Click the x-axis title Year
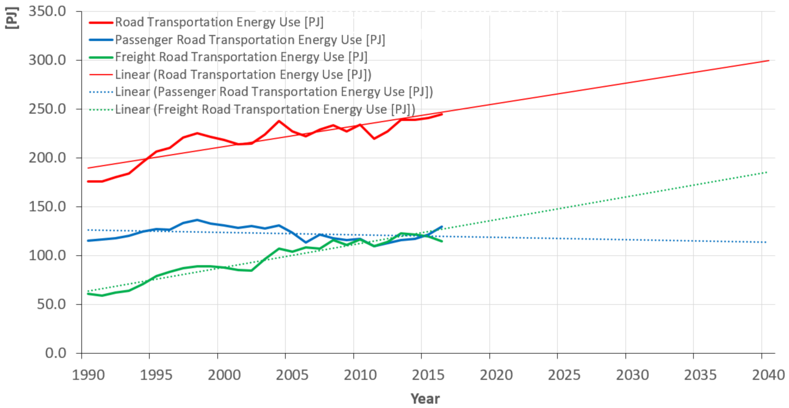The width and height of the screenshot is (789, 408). click(425, 399)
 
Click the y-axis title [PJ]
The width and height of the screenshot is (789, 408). click(12, 18)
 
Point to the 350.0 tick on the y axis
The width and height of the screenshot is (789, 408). click(47, 12)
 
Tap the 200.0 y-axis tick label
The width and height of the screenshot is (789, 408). click(47, 158)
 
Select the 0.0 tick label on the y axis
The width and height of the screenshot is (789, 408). click(55, 353)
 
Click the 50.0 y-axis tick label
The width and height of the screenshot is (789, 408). click(51, 304)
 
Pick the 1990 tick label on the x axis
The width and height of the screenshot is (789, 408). click(88, 375)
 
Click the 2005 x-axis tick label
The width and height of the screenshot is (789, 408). click(292, 375)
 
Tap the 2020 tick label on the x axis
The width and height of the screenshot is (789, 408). click(496, 375)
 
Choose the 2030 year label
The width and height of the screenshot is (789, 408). click(632, 375)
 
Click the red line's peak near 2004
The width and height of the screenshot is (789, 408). click(279, 121)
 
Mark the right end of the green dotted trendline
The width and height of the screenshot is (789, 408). click(766, 172)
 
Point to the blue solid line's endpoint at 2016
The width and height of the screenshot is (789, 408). click(442, 226)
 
